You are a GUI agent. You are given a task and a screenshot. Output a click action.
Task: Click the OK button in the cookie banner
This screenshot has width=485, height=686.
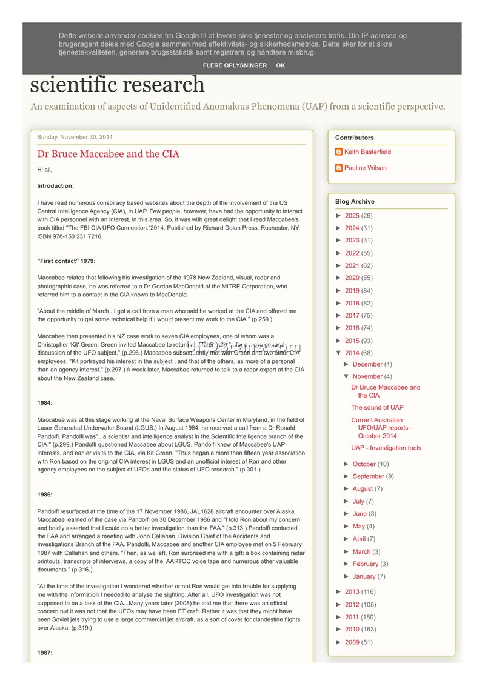(x=280, y=65)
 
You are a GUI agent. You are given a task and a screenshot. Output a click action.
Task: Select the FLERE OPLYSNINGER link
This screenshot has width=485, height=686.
(x=235, y=65)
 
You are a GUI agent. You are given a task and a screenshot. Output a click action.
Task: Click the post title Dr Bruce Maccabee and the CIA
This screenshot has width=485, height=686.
(x=108, y=154)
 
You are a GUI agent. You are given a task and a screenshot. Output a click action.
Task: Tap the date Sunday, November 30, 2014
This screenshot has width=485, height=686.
(x=75, y=137)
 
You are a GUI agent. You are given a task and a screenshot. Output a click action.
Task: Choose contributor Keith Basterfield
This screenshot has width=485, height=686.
(x=367, y=152)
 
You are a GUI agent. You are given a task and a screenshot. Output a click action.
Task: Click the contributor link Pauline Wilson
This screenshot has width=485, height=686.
(x=365, y=168)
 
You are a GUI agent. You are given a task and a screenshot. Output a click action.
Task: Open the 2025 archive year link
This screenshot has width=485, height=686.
(x=352, y=216)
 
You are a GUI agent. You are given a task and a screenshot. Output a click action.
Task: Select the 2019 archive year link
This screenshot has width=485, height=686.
(x=352, y=291)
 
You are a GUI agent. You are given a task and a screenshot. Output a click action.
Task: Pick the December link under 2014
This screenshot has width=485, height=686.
(x=367, y=364)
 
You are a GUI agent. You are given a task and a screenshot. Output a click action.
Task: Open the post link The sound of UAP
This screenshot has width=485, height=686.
(x=377, y=408)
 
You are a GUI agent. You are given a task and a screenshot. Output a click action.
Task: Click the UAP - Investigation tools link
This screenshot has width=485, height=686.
(x=386, y=448)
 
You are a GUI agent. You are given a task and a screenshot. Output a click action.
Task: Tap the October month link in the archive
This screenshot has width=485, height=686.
(x=364, y=464)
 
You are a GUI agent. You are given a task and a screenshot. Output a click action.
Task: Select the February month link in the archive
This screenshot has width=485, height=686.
(x=365, y=564)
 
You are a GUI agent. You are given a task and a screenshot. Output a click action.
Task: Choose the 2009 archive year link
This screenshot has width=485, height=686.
(x=352, y=642)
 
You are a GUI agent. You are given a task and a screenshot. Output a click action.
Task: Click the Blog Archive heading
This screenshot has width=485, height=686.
(x=355, y=202)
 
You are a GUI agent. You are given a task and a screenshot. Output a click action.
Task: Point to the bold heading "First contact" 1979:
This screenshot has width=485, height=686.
(x=65, y=261)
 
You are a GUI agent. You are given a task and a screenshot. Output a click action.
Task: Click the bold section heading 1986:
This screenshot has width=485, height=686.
(x=45, y=495)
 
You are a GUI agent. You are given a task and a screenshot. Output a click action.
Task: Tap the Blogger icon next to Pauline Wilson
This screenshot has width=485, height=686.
(x=339, y=168)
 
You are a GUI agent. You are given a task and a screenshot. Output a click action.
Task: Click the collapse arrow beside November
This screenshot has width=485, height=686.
(x=346, y=377)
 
